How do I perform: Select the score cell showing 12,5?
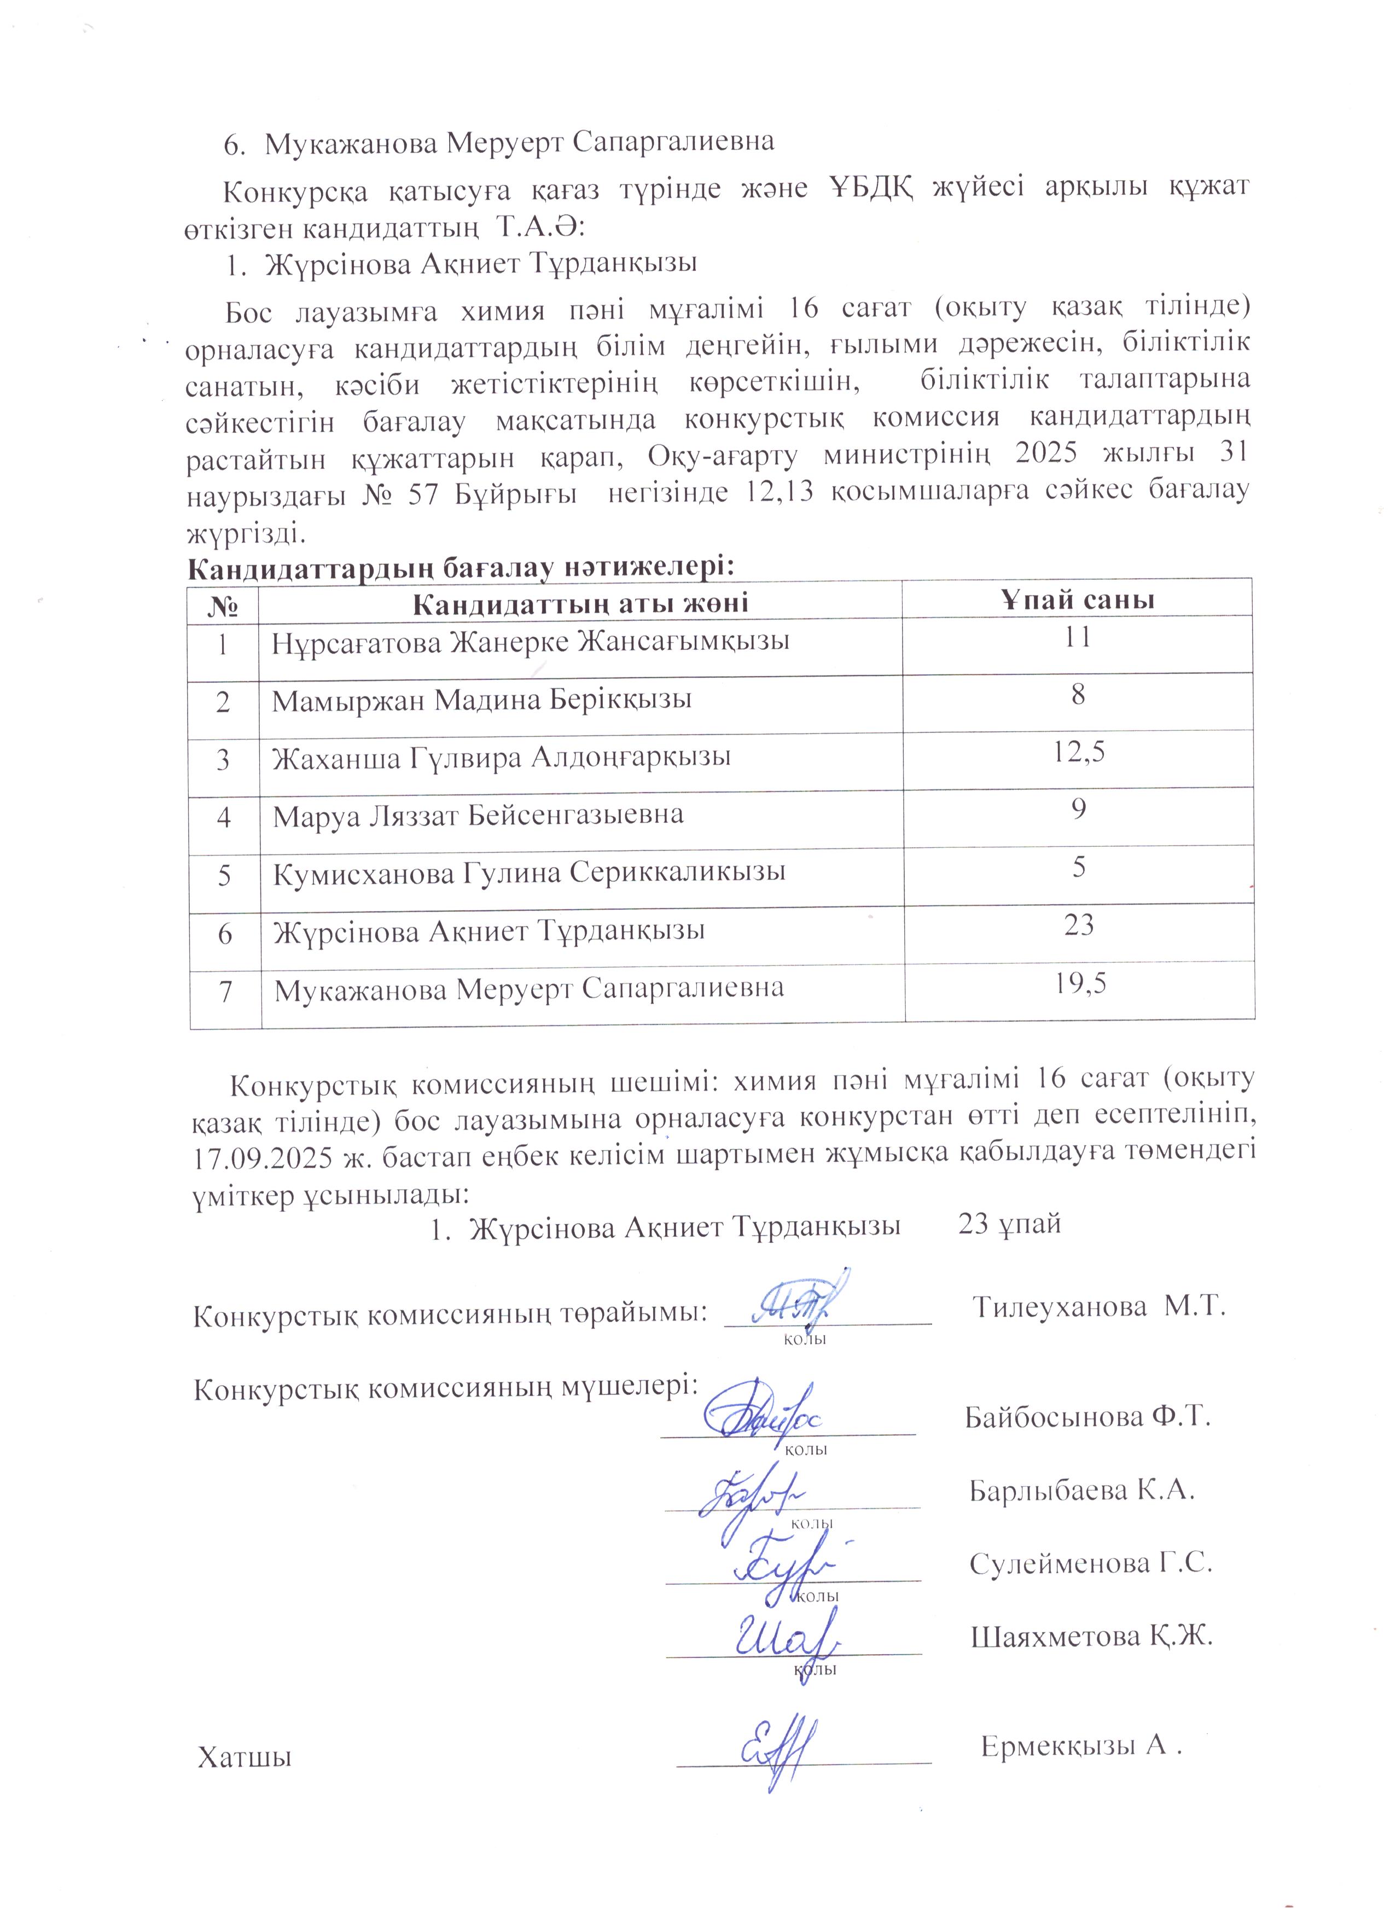click(x=1078, y=752)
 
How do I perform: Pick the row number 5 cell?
click(x=224, y=874)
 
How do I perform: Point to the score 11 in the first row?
click(x=1078, y=637)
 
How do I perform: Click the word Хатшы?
click(x=244, y=1758)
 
